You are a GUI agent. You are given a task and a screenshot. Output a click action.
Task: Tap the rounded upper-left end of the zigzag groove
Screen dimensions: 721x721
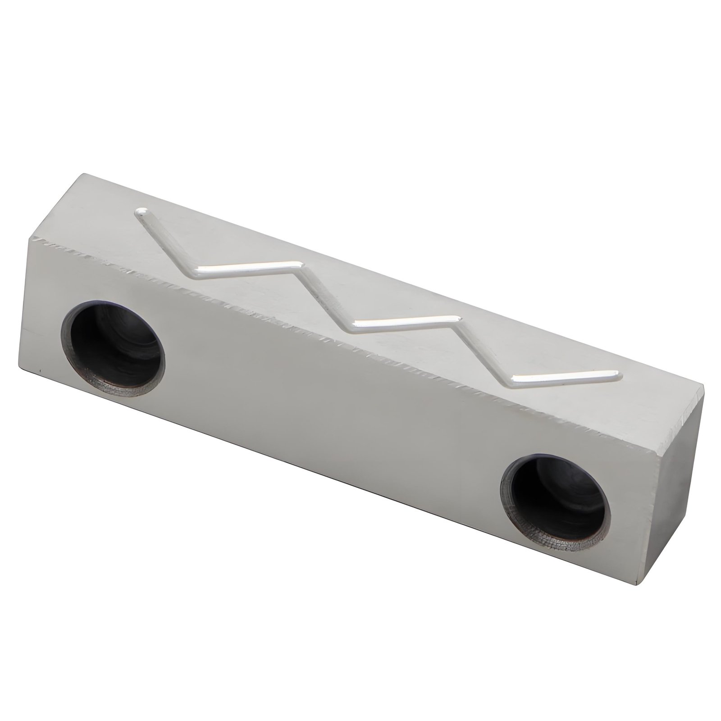click(142, 211)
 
